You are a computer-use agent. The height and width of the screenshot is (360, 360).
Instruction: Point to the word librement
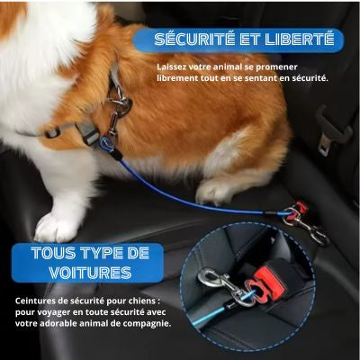(x=180, y=78)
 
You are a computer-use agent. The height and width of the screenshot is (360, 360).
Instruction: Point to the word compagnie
(x=146, y=325)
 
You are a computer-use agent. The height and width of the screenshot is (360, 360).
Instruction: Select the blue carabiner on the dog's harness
(x=108, y=144)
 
